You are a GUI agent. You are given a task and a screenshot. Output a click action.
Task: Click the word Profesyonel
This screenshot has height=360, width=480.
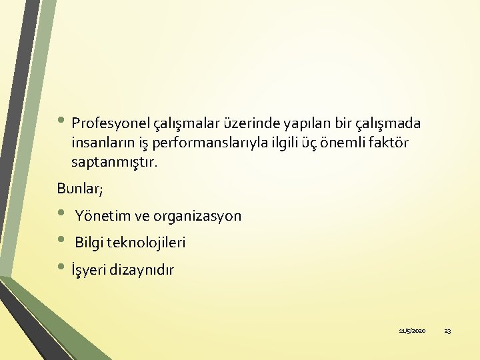click(x=111, y=124)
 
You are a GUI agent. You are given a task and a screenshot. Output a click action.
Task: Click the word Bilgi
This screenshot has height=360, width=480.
click(x=90, y=243)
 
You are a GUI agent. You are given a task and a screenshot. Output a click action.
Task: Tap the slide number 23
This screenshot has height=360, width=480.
click(x=447, y=331)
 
